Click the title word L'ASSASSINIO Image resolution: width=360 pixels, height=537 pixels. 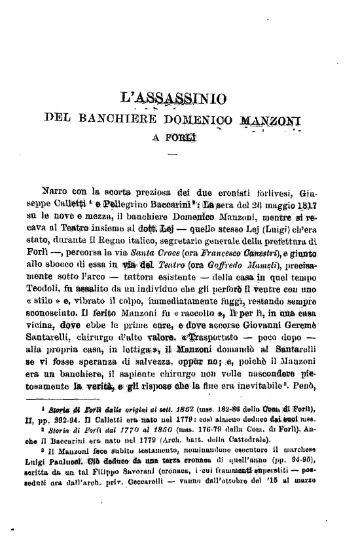pyautogui.click(x=174, y=99)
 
